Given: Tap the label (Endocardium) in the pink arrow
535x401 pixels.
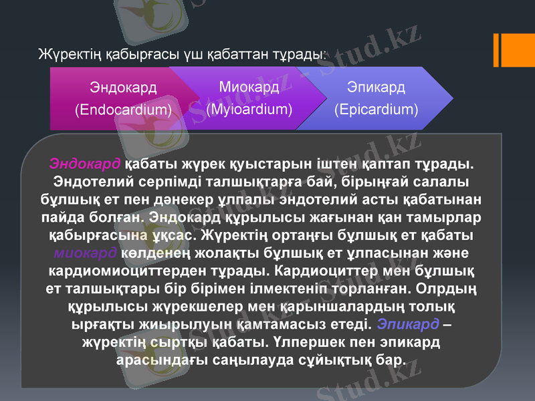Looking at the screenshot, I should [123, 108].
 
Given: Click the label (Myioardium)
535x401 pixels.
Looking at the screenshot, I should [249, 108].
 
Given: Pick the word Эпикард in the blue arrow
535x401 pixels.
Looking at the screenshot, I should [376, 88].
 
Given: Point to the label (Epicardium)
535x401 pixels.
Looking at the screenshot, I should [376, 108].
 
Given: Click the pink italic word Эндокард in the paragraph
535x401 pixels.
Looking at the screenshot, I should [85, 164].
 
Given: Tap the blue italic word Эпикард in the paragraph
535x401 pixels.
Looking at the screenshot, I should [408, 324].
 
